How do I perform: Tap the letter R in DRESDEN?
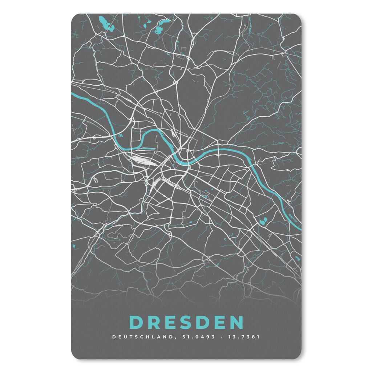tap(153, 322)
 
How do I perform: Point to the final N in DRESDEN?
tap(236, 322)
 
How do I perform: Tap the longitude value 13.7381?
tap(244, 337)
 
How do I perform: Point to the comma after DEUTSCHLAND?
tap(173, 337)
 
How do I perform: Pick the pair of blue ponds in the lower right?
tap(263, 220)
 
